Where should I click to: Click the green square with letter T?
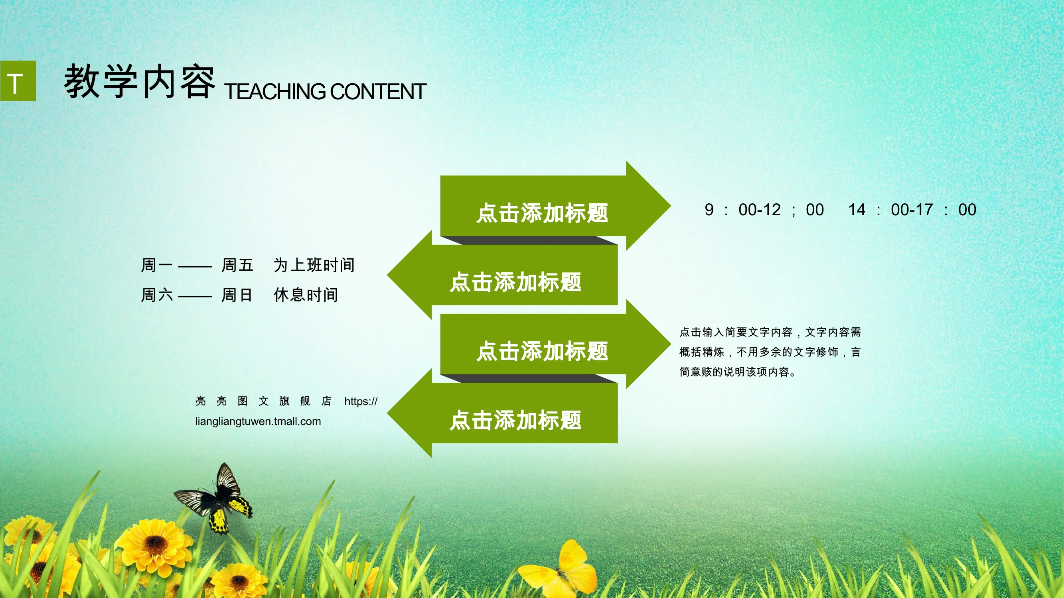coord(18,81)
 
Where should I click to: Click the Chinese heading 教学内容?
coord(140,82)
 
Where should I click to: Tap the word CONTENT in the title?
coord(378,92)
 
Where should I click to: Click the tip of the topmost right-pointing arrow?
coord(671,206)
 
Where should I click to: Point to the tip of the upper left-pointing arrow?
coord(387,275)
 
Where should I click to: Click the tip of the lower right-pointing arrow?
coord(671,344)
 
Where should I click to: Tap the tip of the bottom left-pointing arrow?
coord(387,413)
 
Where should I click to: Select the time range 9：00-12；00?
coord(764,210)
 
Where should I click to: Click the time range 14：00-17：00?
coord(912,210)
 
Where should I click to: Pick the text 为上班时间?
coord(314,265)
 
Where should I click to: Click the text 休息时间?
coord(306,295)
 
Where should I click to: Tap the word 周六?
coord(157,295)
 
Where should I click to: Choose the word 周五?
coord(237,265)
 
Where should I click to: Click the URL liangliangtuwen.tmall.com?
coord(258,421)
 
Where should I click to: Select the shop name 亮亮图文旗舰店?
coord(264,401)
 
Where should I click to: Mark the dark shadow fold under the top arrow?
coord(529,240)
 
